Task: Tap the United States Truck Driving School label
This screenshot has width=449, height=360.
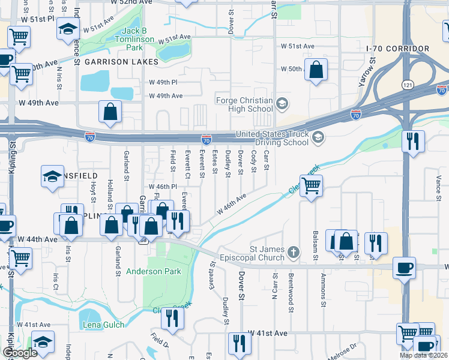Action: pyautogui.click(x=272, y=138)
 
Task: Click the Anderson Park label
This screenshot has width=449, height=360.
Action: pyautogui.click(x=154, y=271)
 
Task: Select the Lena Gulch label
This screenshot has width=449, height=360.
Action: pyautogui.click(x=104, y=325)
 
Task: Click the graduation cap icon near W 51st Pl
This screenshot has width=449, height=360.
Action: pyautogui.click(x=68, y=28)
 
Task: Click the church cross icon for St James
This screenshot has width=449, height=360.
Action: pyautogui.click(x=294, y=251)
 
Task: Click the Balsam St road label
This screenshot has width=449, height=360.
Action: pyautogui.click(x=315, y=241)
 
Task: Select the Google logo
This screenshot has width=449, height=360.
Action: pyautogui.click(x=20, y=353)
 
